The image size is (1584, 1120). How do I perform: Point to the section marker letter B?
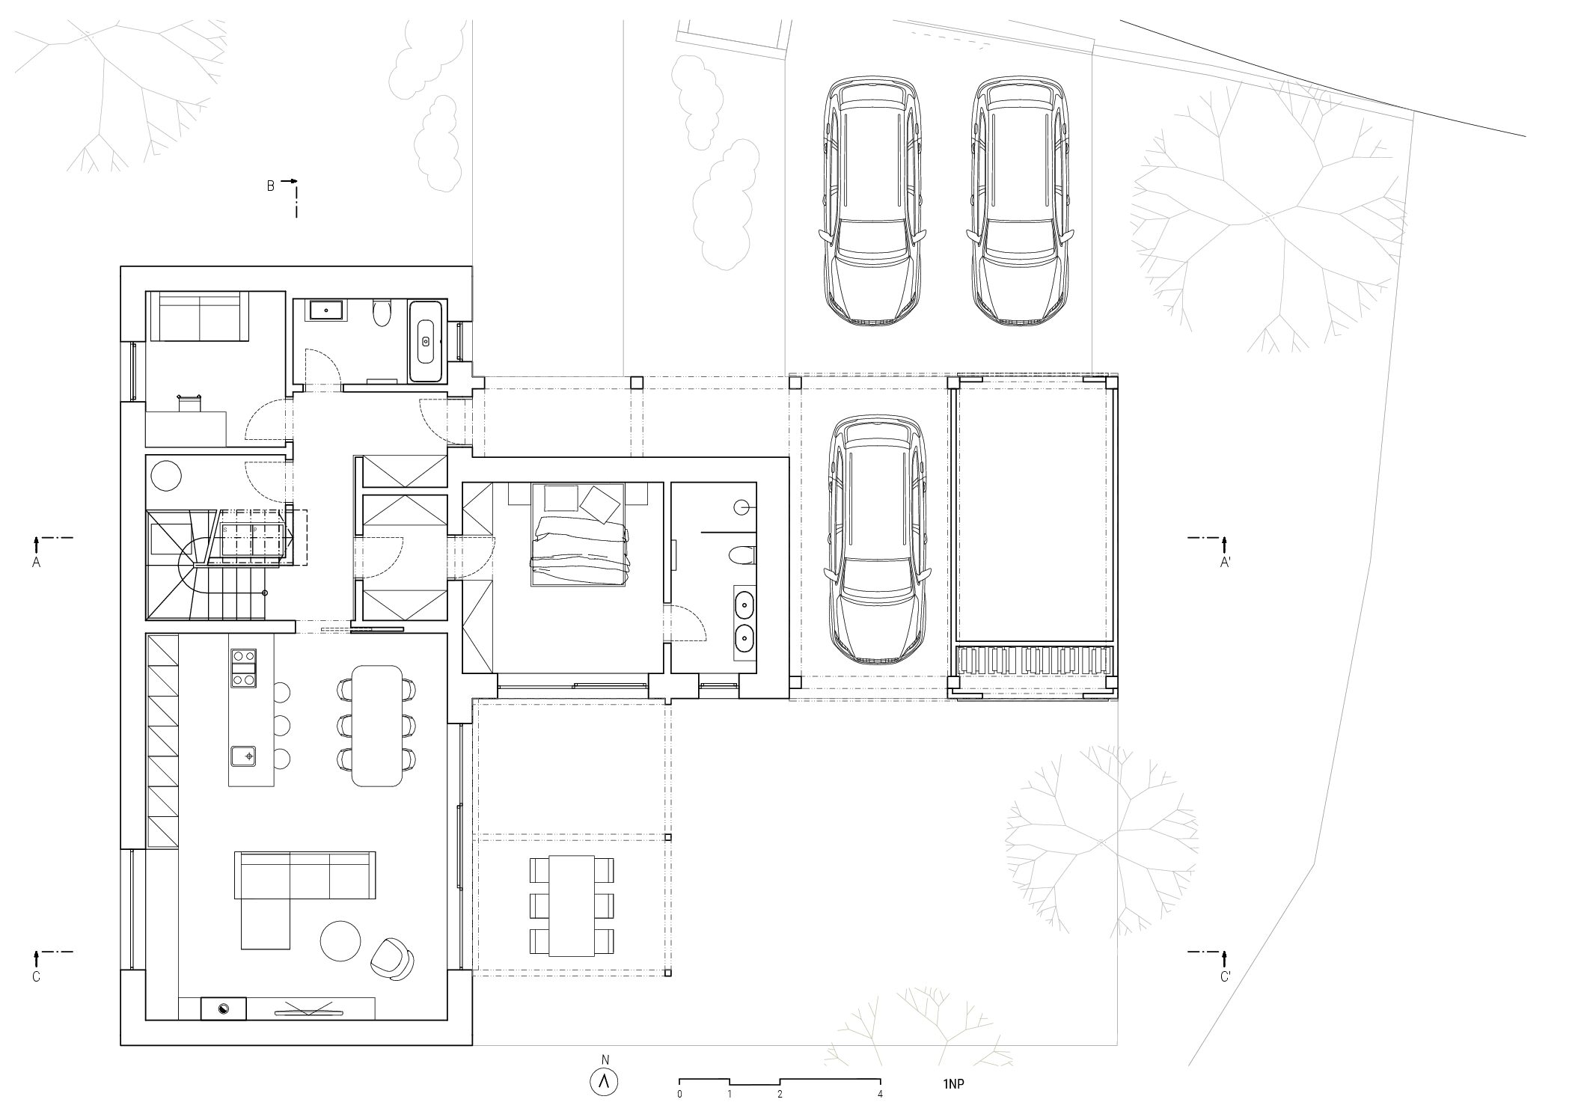[271, 186]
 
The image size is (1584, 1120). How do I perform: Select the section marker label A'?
[1225, 563]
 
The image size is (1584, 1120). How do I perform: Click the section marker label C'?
[1225, 977]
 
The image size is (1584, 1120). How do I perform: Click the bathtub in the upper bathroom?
[426, 342]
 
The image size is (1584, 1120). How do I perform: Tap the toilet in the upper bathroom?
[382, 313]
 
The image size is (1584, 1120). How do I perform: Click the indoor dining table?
[377, 725]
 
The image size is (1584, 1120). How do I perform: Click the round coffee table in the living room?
[341, 940]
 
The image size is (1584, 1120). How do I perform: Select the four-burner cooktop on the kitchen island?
[243, 667]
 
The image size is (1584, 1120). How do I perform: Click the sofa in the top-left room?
[199, 316]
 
